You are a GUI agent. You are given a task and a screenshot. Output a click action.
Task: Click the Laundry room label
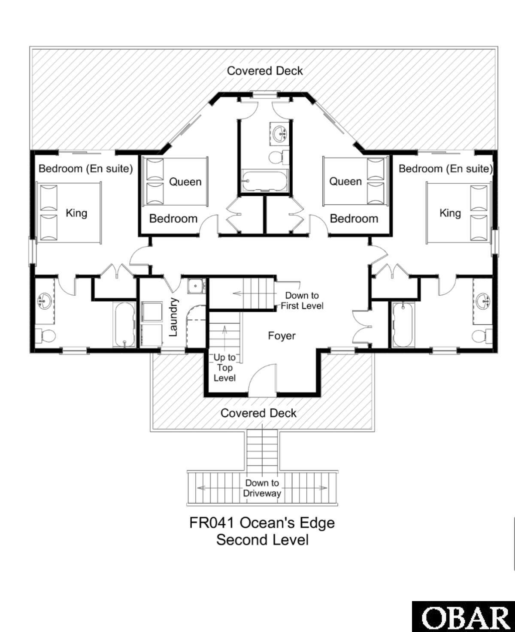click(x=173, y=317)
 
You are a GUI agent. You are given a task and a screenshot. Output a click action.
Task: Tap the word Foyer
click(x=282, y=336)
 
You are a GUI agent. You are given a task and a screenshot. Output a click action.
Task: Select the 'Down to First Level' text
click(x=302, y=300)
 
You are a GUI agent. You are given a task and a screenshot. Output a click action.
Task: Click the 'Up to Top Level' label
click(x=224, y=367)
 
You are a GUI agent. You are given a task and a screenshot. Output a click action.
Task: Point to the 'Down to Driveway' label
click(x=262, y=488)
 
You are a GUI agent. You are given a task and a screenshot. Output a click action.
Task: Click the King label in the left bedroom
click(x=76, y=213)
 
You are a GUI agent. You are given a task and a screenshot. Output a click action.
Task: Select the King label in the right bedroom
click(x=450, y=213)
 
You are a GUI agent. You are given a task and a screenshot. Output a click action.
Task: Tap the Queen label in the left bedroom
click(x=185, y=181)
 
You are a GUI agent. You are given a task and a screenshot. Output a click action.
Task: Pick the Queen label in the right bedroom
click(x=345, y=181)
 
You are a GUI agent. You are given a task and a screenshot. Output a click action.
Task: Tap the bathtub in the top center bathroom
click(x=264, y=181)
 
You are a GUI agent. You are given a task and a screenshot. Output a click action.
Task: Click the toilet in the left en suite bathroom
click(x=44, y=335)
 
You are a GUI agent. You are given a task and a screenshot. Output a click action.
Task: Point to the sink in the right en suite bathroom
click(x=484, y=301)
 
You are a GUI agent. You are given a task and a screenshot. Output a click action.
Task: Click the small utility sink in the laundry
click(x=196, y=285)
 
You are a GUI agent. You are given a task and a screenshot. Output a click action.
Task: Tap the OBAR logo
click(x=463, y=617)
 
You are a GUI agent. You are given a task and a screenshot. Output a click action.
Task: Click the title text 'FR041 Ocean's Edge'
click(x=262, y=523)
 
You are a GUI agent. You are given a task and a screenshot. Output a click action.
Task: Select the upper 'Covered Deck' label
click(x=265, y=71)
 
